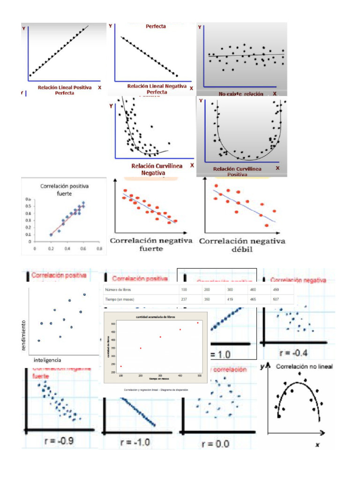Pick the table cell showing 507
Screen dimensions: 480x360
tap(277, 300)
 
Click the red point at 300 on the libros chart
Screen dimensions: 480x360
tap(160, 337)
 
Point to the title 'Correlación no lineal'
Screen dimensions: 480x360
tap(304, 367)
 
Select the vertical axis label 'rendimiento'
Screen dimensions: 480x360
tap(23, 335)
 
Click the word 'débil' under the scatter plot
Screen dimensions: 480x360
tap(242, 249)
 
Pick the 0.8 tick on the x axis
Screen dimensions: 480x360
tap(99, 249)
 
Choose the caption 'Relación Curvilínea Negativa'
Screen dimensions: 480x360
tap(153, 169)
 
